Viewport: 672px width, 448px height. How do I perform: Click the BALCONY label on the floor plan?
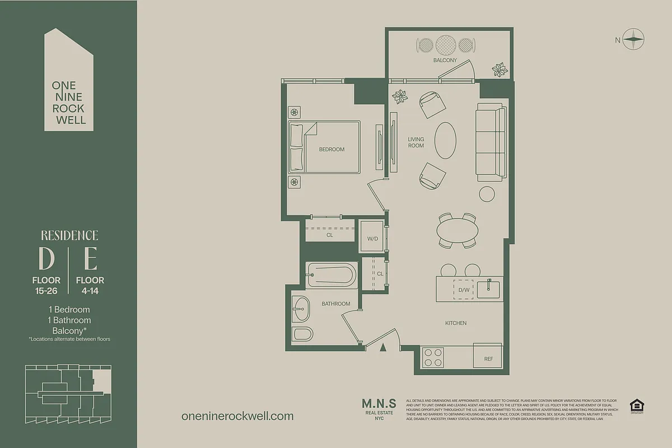445,60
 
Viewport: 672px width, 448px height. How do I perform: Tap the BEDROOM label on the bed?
332,150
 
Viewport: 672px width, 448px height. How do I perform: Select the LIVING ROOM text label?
416,142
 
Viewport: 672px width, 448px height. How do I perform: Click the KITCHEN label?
455,323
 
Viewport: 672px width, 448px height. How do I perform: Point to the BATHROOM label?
335,304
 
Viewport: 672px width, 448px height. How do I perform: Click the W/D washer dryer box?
372,239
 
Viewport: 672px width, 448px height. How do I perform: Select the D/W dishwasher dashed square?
463,290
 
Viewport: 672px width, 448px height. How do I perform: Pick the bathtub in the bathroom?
332,275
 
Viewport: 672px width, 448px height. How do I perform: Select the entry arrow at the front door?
383,347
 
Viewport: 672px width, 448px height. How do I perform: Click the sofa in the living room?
491,142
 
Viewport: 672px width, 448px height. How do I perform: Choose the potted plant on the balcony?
500,69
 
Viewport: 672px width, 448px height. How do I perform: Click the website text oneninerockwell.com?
237,416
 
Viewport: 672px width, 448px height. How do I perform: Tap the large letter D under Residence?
46,258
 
